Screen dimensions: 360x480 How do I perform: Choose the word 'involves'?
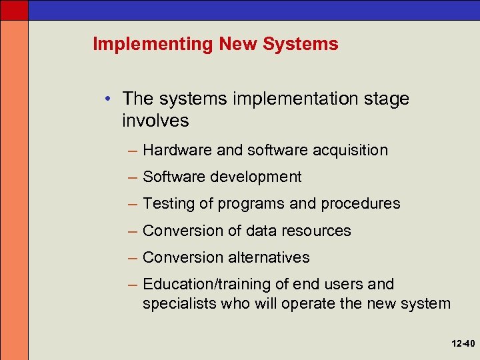[x=155, y=121]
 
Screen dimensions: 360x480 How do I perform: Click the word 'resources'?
[x=317, y=231]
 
